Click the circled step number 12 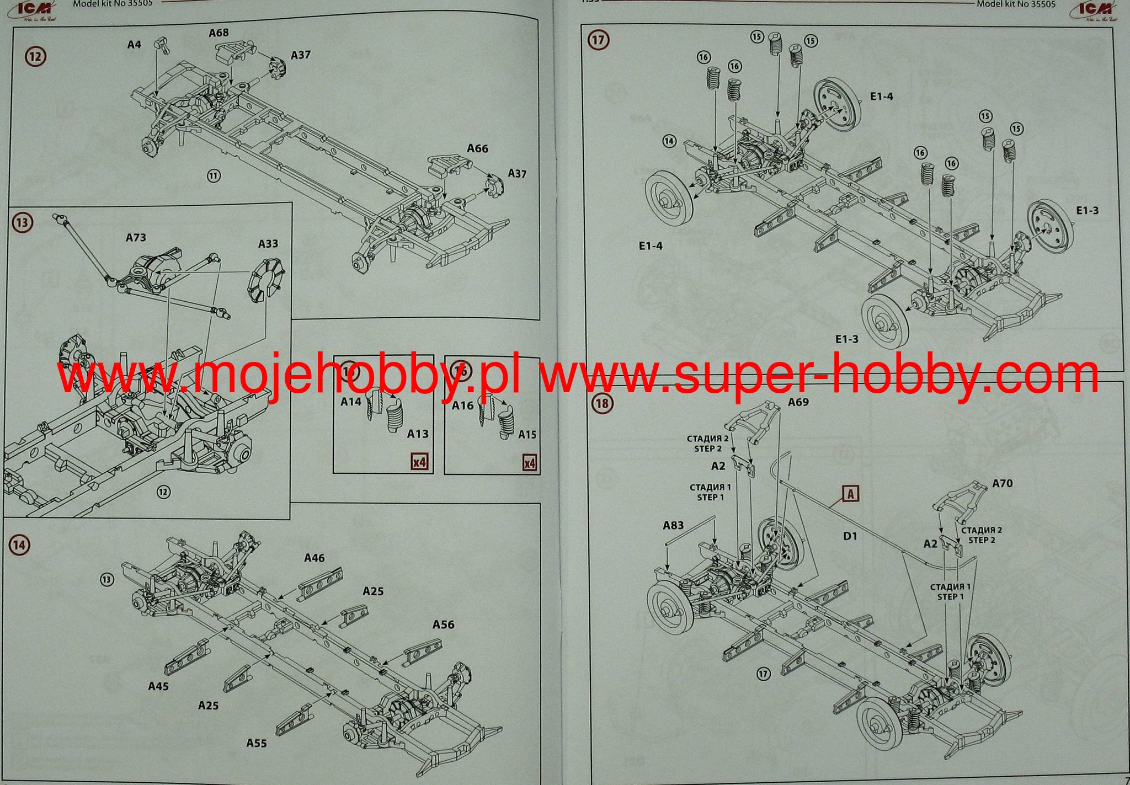click(36, 56)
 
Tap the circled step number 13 click(22, 223)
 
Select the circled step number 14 click(19, 545)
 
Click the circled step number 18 click(601, 403)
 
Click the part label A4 click(134, 45)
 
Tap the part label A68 click(218, 33)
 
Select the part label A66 click(477, 148)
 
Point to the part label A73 click(136, 238)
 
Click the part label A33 click(268, 244)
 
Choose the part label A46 click(315, 558)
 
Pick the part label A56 click(443, 624)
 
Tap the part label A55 click(257, 743)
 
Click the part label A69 click(798, 402)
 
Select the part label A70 click(1002, 483)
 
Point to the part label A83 click(673, 526)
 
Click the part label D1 click(850, 536)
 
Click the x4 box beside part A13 click(419, 462)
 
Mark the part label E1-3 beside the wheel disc click(1087, 211)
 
